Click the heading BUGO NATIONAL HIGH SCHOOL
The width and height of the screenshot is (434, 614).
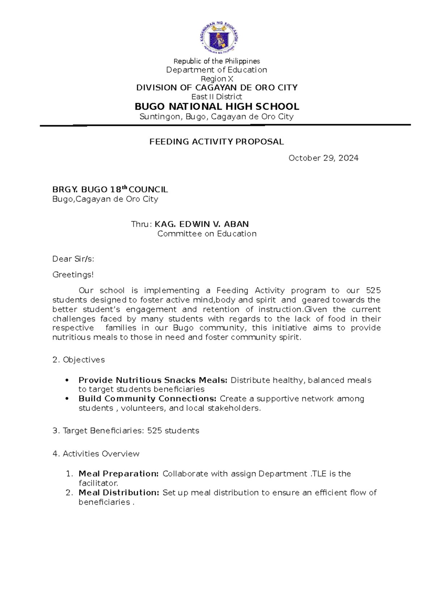[217, 106]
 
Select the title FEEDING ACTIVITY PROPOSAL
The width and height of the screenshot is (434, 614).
[217, 142]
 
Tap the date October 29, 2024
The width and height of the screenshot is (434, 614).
[323, 158]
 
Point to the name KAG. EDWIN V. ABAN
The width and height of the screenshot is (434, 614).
[201, 224]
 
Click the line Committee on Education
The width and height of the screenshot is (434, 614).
[207, 234]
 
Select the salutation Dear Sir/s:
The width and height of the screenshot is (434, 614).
[73, 259]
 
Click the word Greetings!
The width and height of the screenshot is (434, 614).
[73, 275]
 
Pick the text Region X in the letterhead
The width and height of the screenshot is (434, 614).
[217, 79]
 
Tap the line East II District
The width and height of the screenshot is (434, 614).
[217, 97]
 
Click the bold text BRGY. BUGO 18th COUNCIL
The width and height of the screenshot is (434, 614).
[110, 189]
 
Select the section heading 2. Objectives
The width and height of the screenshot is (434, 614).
[78, 360]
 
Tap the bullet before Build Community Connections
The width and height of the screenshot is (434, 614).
[67, 399]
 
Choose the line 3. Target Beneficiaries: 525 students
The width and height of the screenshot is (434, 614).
[126, 431]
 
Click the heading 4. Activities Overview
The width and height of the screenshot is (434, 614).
[96, 454]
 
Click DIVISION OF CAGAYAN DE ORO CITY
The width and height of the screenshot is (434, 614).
[217, 88]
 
